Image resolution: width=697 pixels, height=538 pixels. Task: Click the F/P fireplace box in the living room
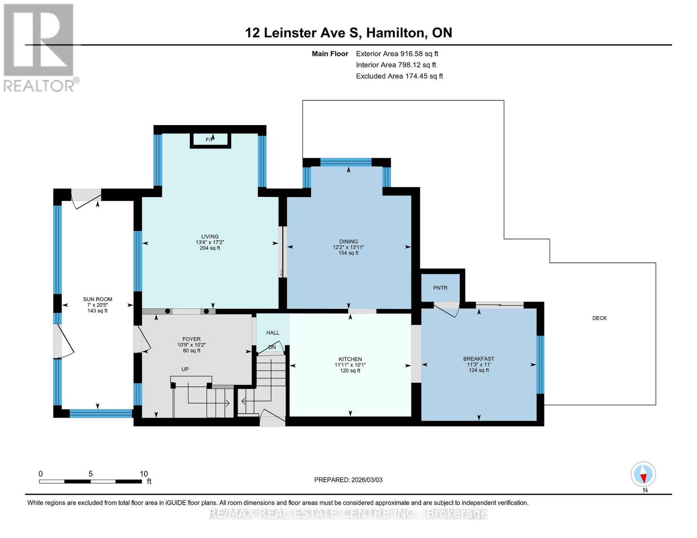tap(210, 140)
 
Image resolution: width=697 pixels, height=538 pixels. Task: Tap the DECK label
tap(599, 318)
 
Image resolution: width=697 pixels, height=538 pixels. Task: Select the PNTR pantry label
tap(440, 288)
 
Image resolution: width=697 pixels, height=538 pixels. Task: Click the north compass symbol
tap(643, 474)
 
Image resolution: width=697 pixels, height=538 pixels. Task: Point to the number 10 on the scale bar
tap(144, 474)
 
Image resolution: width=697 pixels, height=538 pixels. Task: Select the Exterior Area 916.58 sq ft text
tap(397, 54)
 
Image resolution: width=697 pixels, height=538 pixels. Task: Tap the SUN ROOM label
tap(97, 299)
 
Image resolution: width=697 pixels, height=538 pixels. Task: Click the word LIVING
tap(210, 236)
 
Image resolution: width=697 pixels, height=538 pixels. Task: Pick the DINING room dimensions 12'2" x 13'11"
tap(348, 247)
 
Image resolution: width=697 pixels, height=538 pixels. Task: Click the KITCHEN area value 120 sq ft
tap(350, 371)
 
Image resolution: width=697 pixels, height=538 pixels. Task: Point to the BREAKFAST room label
tap(478, 359)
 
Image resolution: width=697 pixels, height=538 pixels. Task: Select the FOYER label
tap(192, 339)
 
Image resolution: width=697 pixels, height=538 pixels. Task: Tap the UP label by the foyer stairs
tap(185, 369)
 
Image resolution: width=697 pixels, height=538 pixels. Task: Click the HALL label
tap(272, 333)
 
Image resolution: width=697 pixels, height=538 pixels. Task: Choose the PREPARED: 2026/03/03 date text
tap(348, 480)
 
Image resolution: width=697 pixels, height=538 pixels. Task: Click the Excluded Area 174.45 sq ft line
tap(399, 76)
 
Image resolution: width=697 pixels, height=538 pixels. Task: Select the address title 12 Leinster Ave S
tap(303, 33)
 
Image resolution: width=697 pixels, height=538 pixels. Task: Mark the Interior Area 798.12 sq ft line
tap(396, 65)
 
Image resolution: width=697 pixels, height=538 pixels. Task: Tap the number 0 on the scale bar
tap(41, 474)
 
